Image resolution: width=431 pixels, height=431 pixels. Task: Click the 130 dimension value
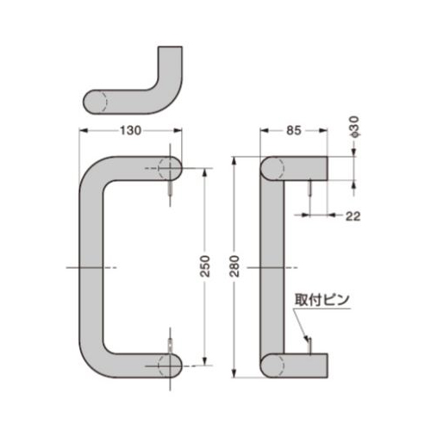tap(130, 131)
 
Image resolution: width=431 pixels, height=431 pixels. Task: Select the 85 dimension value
tap(294, 131)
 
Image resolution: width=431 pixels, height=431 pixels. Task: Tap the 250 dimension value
tap(205, 266)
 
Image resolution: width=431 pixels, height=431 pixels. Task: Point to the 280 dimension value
tap(234, 266)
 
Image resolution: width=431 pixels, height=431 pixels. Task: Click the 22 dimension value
tap(353, 216)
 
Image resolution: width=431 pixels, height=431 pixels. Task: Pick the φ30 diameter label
tap(354, 127)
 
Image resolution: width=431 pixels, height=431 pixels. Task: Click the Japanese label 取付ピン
tap(322, 300)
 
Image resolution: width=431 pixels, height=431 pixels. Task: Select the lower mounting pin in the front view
tap(170, 345)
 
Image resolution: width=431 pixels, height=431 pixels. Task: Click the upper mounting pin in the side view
tap(309, 187)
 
